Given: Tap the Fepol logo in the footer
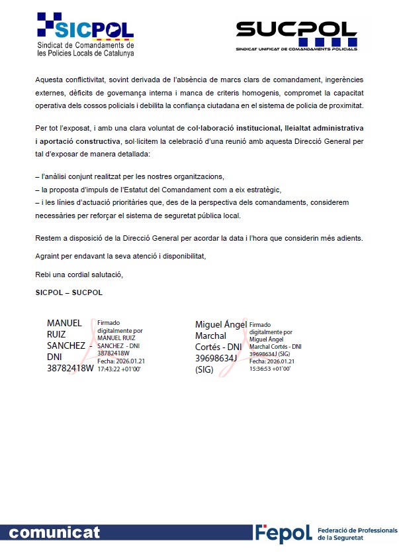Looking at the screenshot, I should pos(283,533).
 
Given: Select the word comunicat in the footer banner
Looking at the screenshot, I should pos(55,533).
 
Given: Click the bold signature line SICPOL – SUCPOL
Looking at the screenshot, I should pos(69,292).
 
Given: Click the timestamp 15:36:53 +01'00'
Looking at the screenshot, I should pos(271,367).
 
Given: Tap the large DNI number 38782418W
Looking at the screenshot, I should pos(70,369).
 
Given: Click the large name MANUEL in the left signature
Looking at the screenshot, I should pos(65,323).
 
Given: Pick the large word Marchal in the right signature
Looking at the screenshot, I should pos(212,336).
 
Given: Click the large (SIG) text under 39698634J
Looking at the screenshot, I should pos(204,370).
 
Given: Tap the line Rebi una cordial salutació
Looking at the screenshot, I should pos(79,275).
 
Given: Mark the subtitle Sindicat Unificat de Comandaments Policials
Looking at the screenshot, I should pos(296,49).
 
